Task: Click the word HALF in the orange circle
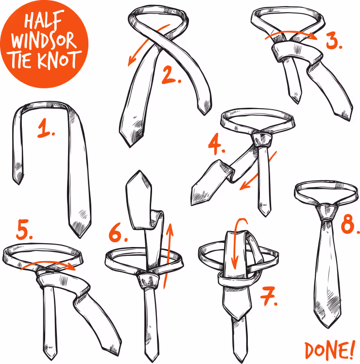44,20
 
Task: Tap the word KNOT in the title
60,60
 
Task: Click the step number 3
334,40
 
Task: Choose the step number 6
118,232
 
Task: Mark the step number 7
269,296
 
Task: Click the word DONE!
330,350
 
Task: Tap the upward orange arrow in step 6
168,256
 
